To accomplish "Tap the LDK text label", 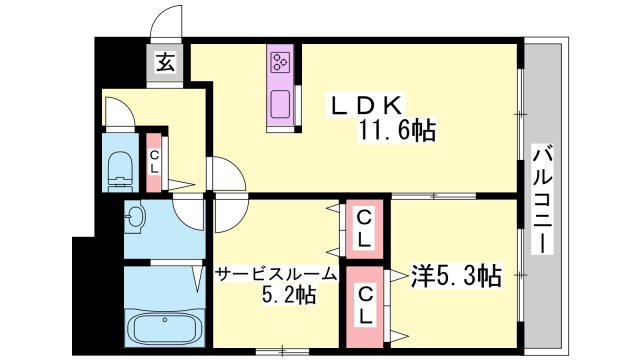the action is [367, 106].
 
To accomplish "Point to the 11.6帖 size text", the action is [396, 130].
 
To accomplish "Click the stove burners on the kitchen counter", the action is [280, 60].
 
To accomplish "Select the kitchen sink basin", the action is [280, 104].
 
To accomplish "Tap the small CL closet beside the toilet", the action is [154, 162].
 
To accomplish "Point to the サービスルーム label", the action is [277, 275].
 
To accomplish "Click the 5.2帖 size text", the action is [289, 294].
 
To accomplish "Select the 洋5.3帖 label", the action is [456, 276].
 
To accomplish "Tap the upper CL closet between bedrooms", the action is [364, 229].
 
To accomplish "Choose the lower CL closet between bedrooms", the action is [364, 307].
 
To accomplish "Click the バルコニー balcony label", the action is [542, 199].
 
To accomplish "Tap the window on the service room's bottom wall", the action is [282, 351].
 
